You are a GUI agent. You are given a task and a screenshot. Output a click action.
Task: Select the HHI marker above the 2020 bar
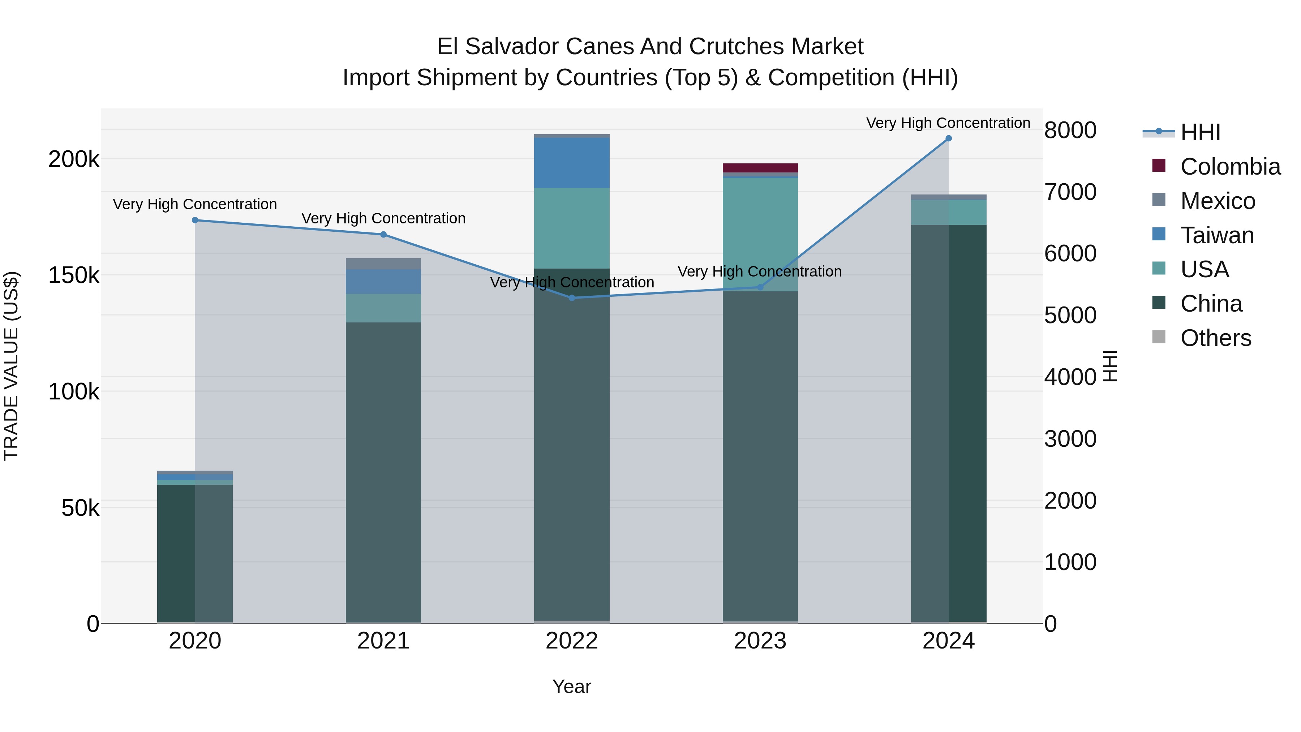[x=195, y=220]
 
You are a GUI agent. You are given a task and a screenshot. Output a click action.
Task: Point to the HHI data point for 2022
[x=572, y=298]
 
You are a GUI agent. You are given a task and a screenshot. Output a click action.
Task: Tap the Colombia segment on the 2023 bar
[x=760, y=168]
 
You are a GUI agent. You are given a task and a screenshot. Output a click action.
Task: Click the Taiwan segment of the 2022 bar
[x=572, y=163]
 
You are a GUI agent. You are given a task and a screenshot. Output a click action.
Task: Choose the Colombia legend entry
[x=1230, y=167]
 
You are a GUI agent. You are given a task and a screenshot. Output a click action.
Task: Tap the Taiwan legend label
[x=1217, y=235]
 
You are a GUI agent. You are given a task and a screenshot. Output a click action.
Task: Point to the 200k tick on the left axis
[x=74, y=160]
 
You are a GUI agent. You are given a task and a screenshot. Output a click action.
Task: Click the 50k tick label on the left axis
[x=80, y=508]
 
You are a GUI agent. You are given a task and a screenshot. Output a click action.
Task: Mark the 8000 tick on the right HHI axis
[x=1070, y=130]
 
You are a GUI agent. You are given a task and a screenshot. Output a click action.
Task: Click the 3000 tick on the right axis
[x=1070, y=439]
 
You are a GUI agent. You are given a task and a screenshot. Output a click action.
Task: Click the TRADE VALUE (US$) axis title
[x=11, y=366]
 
